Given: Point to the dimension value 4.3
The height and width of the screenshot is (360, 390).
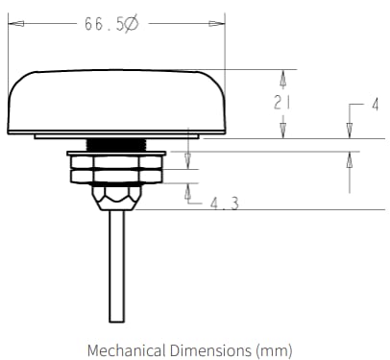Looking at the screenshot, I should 223,203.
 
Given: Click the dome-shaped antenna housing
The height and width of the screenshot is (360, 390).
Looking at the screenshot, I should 115,101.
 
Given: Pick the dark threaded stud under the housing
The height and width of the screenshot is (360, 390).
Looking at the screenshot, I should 115,144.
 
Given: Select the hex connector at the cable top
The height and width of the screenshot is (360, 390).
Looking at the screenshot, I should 115,198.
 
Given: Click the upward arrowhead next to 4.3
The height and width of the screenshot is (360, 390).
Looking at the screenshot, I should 188,190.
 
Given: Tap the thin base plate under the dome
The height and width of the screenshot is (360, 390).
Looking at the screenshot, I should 115,136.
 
